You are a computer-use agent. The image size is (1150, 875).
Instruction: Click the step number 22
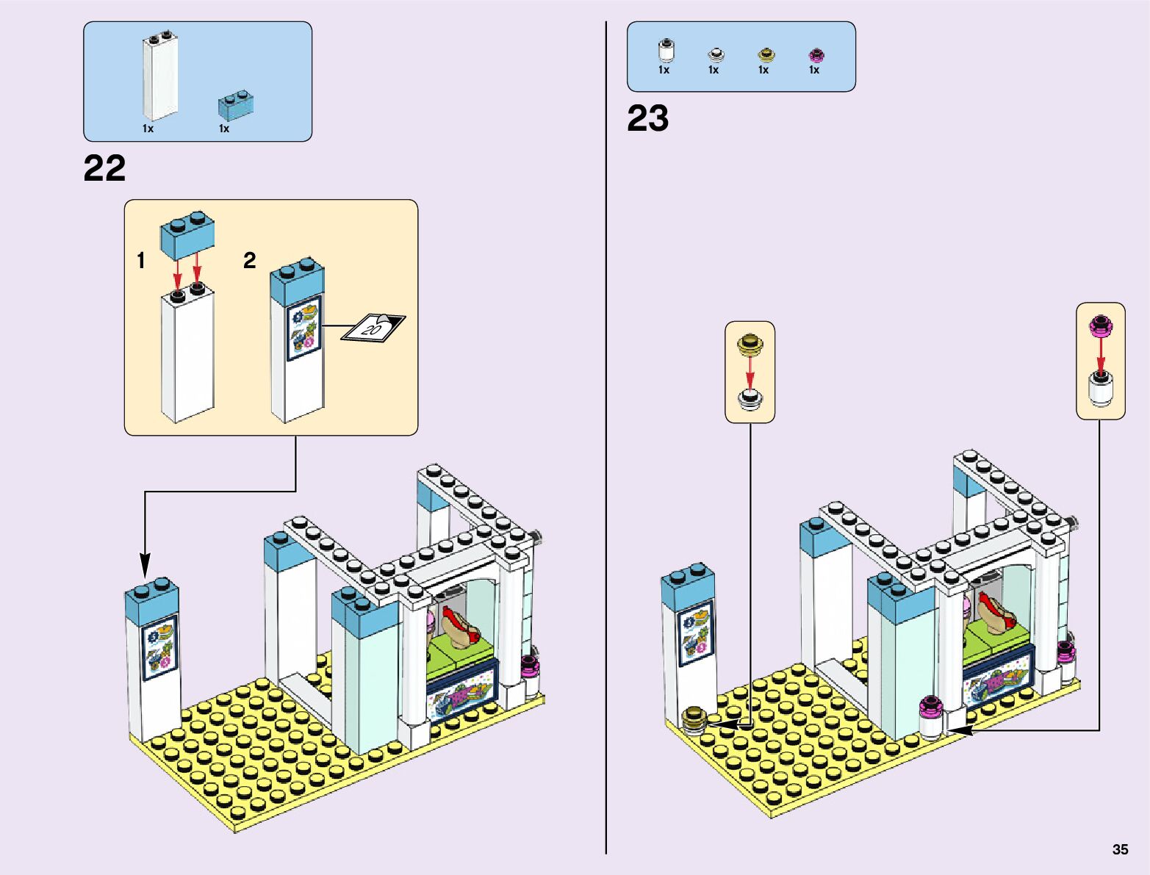tap(104, 168)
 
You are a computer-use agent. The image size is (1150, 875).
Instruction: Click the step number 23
tap(647, 118)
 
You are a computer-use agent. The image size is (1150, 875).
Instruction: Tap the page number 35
tap(1120, 849)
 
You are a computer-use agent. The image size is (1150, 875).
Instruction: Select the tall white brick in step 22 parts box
tap(159, 77)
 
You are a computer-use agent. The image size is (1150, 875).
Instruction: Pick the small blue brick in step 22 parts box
tap(236, 105)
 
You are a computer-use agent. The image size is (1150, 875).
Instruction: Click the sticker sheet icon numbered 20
tap(373, 328)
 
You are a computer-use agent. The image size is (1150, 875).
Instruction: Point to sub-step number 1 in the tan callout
tap(141, 260)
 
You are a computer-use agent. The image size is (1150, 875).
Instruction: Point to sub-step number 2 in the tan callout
tap(250, 260)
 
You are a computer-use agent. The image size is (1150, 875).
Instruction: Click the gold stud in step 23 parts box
tap(766, 55)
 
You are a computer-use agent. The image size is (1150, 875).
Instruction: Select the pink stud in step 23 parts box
tap(816, 55)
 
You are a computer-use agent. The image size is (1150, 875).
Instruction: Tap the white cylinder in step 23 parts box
tap(666, 51)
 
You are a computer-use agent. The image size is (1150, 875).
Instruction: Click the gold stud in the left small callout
tap(750, 343)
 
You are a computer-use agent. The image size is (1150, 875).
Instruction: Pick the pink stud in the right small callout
tap(1101, 325)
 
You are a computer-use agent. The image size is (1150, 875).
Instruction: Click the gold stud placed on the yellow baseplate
tap(693, 719)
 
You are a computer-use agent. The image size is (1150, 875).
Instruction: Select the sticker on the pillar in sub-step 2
tap(303, 328)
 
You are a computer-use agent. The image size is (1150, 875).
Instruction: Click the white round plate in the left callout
tap(750, 400)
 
